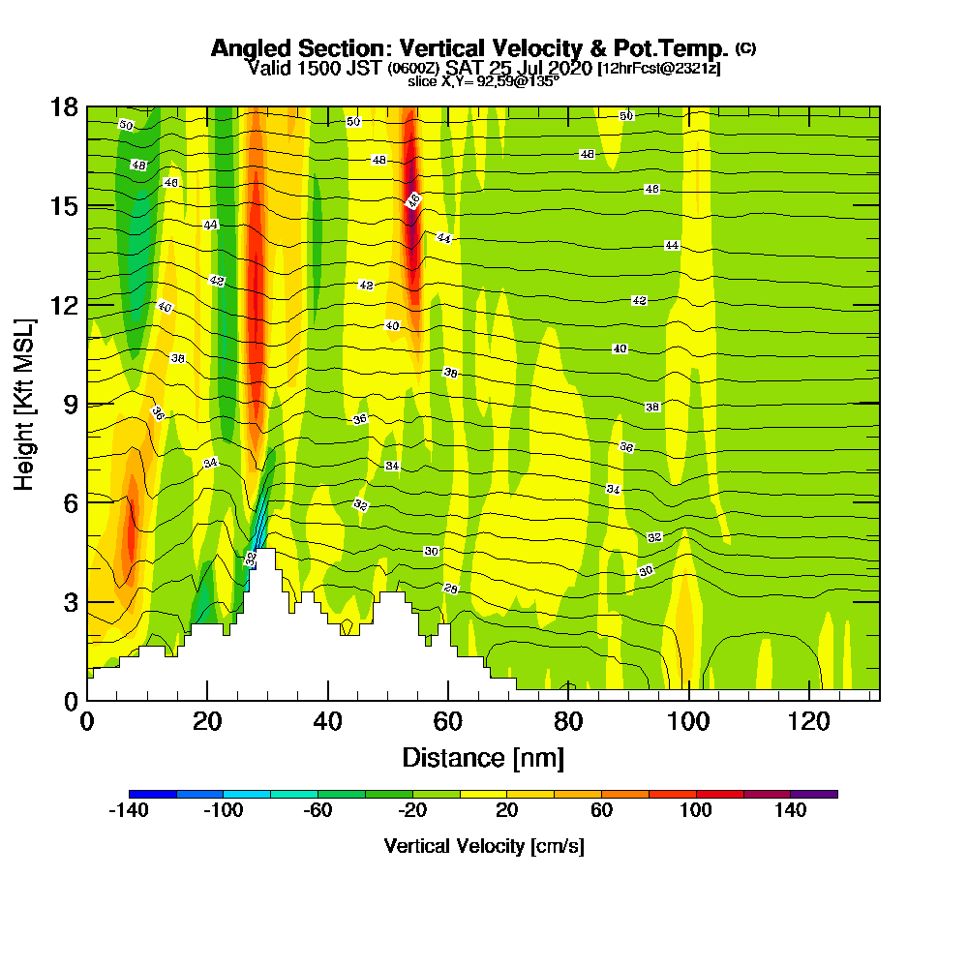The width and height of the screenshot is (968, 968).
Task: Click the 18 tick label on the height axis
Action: (65, 106)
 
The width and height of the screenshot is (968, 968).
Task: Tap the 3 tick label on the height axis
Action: (70, 601)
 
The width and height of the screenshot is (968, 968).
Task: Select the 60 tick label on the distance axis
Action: (448, 721)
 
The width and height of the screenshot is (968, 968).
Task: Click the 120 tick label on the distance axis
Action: (808, 721)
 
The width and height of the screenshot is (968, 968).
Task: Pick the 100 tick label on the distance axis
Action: (688, 721)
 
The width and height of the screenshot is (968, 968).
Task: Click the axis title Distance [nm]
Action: (483, 756)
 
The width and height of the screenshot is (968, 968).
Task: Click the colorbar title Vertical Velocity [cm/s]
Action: (483, 846)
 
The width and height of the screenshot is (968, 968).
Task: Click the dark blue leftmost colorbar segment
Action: (152, 794)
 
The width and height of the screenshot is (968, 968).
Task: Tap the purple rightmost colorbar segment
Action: (814, 794)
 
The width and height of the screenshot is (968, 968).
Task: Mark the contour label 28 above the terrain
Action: (450, 589)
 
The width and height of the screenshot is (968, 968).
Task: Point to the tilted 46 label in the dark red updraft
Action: (413, 200)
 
